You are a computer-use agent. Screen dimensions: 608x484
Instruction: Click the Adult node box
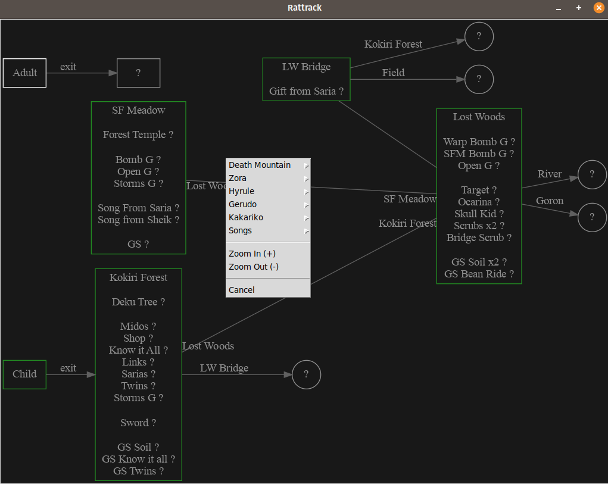(x=24, y=73)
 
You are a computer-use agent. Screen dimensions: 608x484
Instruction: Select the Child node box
(x=24, y=374)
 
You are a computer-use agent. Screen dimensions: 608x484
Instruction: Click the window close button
(x=598, y=8)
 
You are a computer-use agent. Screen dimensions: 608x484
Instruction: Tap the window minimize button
(x=559, y=8)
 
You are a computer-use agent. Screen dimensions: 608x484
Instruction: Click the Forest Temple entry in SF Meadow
(x=138, y=135)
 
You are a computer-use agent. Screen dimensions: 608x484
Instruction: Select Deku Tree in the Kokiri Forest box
(x=138, y=302)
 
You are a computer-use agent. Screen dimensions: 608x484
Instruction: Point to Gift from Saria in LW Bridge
(x=306, y=92)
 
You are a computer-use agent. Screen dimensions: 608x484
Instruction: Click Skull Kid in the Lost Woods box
(x=479, y=214)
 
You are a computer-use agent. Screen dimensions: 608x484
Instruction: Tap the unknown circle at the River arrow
(x=592, y=174)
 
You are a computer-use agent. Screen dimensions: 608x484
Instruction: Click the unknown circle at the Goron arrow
(x=592, y=217)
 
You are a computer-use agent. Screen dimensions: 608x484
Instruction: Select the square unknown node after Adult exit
(x=138, y=73)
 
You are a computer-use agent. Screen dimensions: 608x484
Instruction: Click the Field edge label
(x=393, y=73)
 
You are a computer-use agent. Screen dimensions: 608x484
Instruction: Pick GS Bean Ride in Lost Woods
(x=479, y=274)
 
